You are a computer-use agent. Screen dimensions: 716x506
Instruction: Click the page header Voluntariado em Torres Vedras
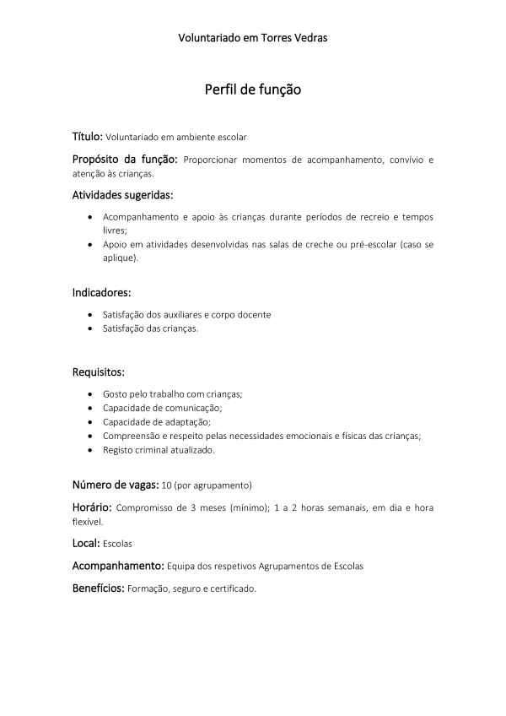(253, 38)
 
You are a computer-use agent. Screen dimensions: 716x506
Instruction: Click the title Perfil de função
(253, 89)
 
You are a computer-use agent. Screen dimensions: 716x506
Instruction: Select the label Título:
(87, 135)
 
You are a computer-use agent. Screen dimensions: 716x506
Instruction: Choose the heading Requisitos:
(99, 372)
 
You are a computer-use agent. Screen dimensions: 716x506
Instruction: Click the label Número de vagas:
(115, 485)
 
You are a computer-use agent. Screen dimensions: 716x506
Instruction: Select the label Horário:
(91, 507)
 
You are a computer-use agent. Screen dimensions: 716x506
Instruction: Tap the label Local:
(86, 543)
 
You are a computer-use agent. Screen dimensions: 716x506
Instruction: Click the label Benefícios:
(98, 587)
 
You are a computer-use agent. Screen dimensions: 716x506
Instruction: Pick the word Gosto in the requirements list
(116, 394)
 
